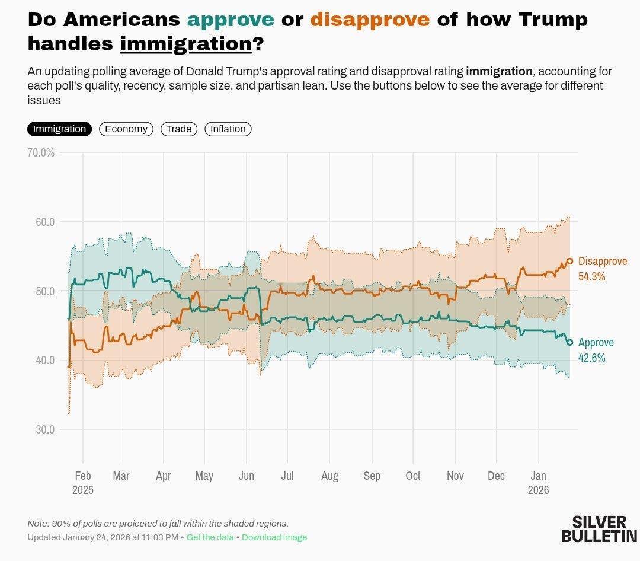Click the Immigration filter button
pos(59,129)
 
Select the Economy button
pos(126,129)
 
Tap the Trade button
pos(179,129)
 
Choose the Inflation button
pos(228,129)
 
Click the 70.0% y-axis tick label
pos(41,152)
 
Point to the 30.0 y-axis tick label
pos(45,429)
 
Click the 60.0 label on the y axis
pos(45,222)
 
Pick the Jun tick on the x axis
pos(246,476)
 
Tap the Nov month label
pos(455,476)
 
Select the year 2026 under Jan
pos(538,490)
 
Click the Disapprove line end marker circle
pos(570,261)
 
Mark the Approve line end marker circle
pos(570,342)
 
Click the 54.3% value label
pos(591,276)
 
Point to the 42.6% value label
pos(591,358)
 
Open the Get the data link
pos(210,537)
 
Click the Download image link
pos(274,537)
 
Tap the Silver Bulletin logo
pos(599,529)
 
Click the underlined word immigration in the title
pos(186,43)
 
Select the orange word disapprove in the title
pos(370,20)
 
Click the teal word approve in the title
pos(231,20)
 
